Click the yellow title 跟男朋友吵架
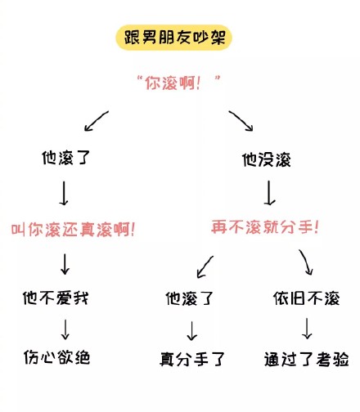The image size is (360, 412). point(174,38)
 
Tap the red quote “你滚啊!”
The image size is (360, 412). point(179,83)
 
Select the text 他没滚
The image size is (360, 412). point(267,159)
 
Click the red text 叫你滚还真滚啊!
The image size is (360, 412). point(73,230)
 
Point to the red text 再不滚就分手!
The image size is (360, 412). point(265,227)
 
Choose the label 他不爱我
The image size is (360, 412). point(56,298)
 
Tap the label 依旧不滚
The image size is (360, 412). point(307,298)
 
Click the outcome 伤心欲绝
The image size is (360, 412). point(56,357)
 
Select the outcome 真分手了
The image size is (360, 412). point(192,359)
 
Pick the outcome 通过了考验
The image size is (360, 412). point(307,359)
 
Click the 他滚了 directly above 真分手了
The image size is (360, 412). point(190,298)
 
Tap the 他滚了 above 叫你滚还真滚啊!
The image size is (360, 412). point(65,158)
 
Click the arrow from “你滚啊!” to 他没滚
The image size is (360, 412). point(241,121)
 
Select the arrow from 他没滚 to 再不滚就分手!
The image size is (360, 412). point(269,193)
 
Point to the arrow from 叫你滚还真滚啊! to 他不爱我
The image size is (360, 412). point(65,264)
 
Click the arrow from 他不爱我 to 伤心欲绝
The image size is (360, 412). point(65,329)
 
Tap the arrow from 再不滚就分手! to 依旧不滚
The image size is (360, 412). point(306,262)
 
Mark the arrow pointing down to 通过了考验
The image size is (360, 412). point(307,329)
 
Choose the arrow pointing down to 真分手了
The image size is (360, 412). point(192,331)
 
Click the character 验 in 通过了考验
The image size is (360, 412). point(341,359)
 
